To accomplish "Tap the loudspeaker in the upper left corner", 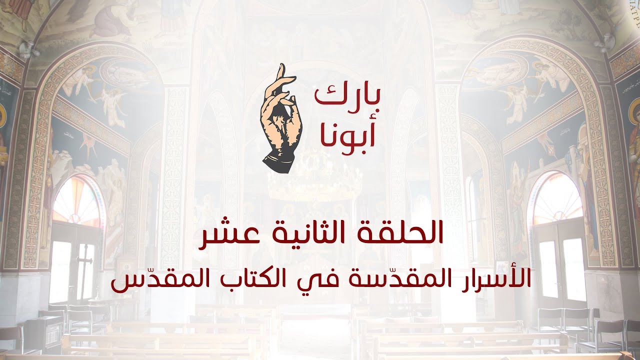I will tap(27, 49).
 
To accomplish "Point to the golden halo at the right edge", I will tap(635, 112).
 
